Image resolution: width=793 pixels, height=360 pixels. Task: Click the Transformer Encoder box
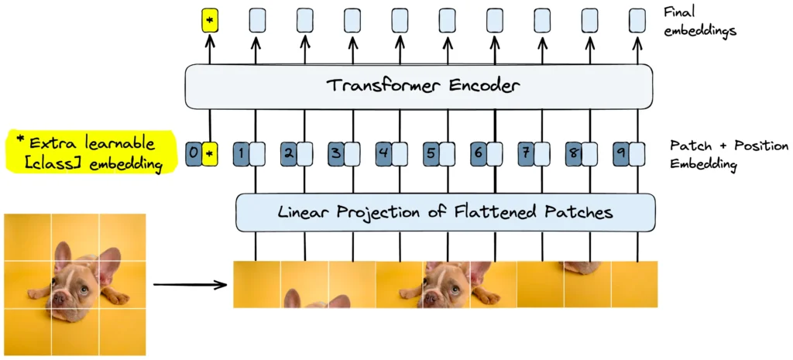pos(418,86)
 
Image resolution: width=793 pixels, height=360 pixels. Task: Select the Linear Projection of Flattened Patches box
pos(445,212)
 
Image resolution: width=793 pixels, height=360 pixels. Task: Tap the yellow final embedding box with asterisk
pos(209,20)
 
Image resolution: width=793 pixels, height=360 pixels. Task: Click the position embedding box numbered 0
pos(194,153)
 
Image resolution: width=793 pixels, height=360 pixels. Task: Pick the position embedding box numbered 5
pos(431,153)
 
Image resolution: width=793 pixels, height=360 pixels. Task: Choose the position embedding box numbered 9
pos(621,153)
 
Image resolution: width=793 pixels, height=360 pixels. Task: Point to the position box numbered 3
pos(336,153)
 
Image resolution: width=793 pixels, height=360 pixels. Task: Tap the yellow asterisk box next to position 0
pos(209,153)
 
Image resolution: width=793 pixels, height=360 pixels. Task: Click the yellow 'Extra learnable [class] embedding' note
pos(85,153)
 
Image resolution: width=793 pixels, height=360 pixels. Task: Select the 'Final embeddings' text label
pos(700,22)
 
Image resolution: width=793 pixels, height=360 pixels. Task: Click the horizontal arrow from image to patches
pos(190,285)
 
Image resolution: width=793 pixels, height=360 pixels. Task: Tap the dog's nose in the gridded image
pos(60,304)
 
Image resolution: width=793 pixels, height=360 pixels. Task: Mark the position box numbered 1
pos(241,153)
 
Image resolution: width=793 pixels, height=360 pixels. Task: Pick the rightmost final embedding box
pos(637,20)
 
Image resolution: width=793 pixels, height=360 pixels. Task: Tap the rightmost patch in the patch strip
pos(634,285)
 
